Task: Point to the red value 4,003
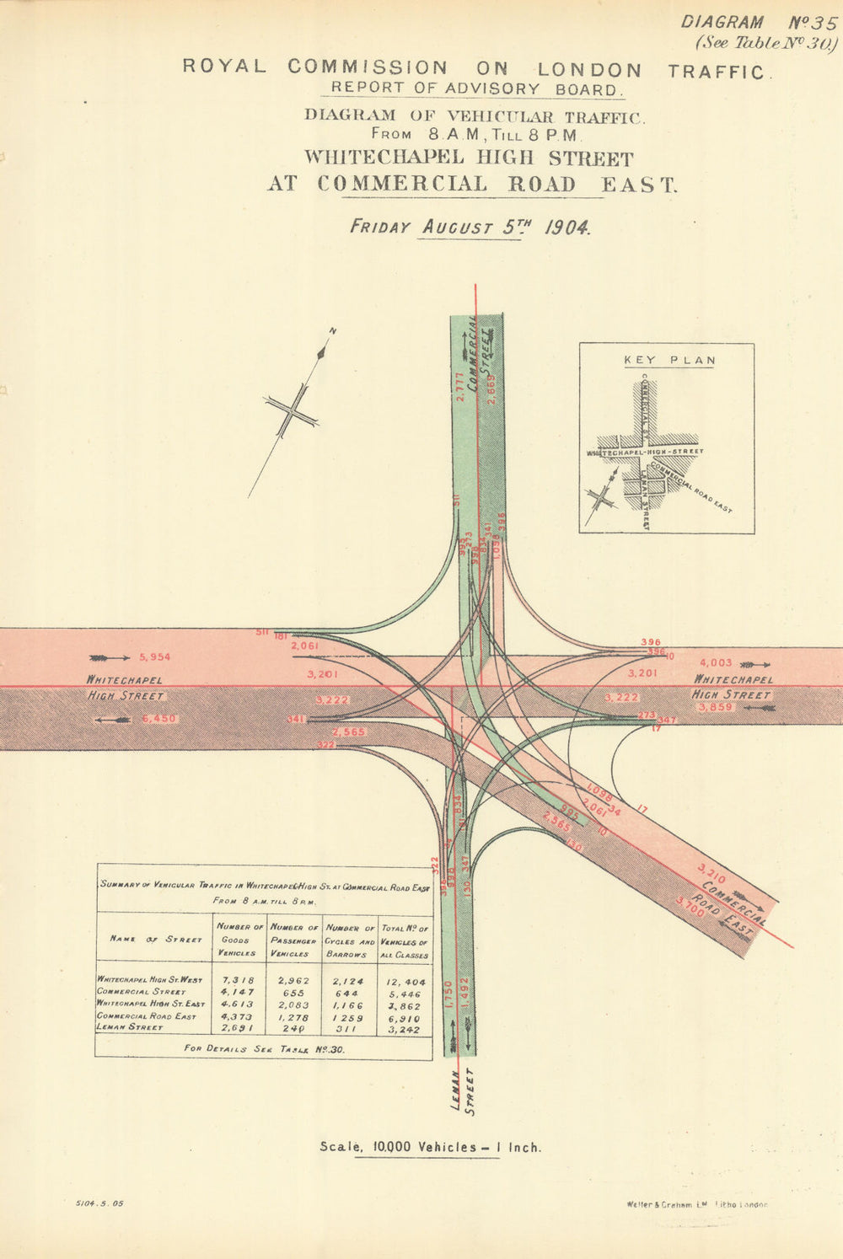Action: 716,663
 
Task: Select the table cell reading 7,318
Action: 238,981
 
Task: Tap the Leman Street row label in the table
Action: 127,1028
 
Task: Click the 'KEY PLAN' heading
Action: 669,361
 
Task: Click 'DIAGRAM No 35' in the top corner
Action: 758,23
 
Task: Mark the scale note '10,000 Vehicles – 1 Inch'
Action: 430,1147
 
